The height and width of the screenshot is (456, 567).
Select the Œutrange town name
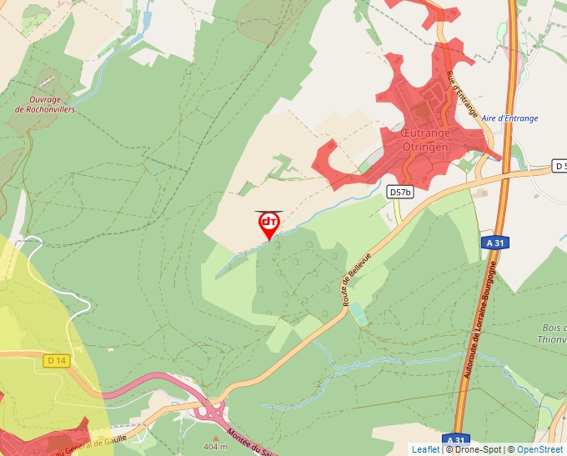click(x=425, y=133)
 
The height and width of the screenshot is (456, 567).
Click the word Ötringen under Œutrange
click(x=425, y=147)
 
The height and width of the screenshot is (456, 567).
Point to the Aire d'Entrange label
click(x=509, y=118)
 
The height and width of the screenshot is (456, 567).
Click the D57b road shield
click(x=400, y=193)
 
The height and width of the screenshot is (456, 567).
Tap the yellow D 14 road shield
click(x=56, y=361)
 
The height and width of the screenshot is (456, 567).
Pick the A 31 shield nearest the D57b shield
click(x=495, y=243)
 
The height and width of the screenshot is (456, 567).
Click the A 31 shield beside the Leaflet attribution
click(x=455, y=439)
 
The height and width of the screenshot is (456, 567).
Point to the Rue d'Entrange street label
click(x=463, y=95)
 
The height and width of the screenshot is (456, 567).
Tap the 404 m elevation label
click(x=215, y=447)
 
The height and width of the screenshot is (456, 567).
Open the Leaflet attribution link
click(x=425, y=449)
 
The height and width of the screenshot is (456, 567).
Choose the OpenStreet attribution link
click(x=539, y=449)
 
